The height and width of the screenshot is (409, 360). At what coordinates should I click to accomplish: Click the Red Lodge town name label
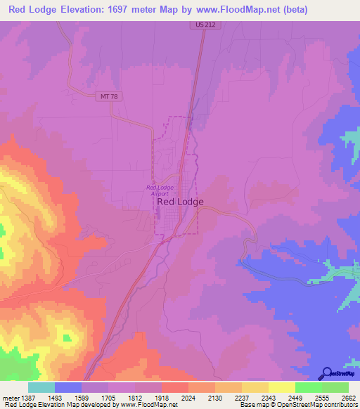[x=180, y=202]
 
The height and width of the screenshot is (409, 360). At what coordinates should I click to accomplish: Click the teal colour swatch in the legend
[x=41, y=387]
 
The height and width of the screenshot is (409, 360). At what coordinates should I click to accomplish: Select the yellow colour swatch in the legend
[x=281, y=387]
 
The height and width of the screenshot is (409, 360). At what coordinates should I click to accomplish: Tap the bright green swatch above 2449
[x=308, y=387]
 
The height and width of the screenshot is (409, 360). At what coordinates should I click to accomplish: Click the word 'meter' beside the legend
[x=10, y=397]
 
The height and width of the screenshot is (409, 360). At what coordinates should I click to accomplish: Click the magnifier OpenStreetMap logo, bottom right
[x=326, y=373]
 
